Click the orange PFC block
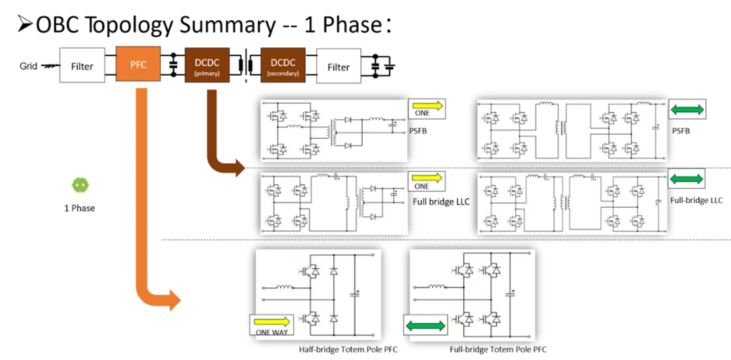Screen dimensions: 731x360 pos(138,65)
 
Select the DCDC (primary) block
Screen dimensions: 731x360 pos(206,65)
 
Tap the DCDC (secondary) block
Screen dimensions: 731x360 pos(283,65)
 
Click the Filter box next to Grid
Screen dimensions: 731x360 pos(82,66)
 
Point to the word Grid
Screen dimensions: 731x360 pos(28,66)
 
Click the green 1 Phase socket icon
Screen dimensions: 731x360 pos(79,185)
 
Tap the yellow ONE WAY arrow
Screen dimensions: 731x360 pos(272,321)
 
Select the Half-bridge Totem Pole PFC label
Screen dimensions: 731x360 pos(348,349)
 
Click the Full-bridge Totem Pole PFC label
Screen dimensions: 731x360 pos(498,349)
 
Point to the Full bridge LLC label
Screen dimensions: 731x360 pos(441,202)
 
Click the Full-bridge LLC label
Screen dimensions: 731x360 pos(696,200)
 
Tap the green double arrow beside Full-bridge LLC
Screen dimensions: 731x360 pos(687,179)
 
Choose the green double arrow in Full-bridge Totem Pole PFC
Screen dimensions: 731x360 pos(426,325)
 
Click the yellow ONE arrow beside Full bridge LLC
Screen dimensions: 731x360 pos(426,177)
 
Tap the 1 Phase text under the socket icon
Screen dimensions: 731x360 pos(79,208)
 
